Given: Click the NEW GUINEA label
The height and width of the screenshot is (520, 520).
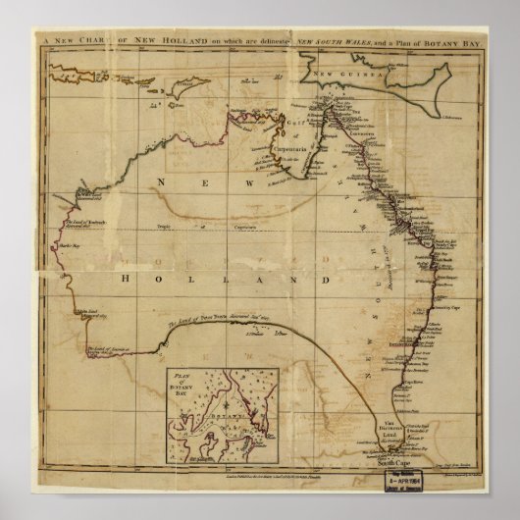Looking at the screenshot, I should coord(334,73).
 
